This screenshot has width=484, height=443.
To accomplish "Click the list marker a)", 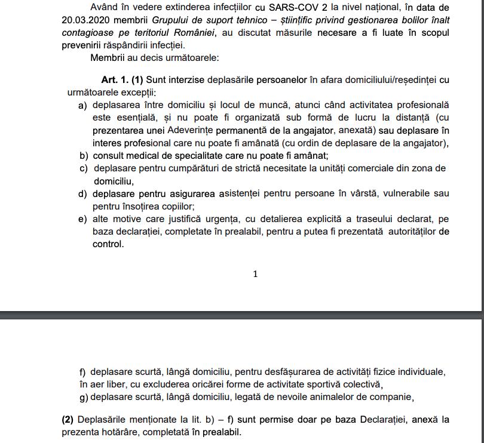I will [x=82, y=105].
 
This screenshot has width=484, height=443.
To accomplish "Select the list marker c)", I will [x=83, y=168].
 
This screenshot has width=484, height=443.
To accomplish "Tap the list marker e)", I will [x=82, y=219].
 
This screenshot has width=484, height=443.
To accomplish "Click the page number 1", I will [x=256, y=274].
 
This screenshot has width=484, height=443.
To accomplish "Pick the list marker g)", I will [x=83, y=396].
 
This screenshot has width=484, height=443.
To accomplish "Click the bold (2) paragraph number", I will [x=68, y=419].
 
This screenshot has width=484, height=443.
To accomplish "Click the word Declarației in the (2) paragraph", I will [x=384, y=419].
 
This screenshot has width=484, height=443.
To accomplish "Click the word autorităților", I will [x=412, y=231].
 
